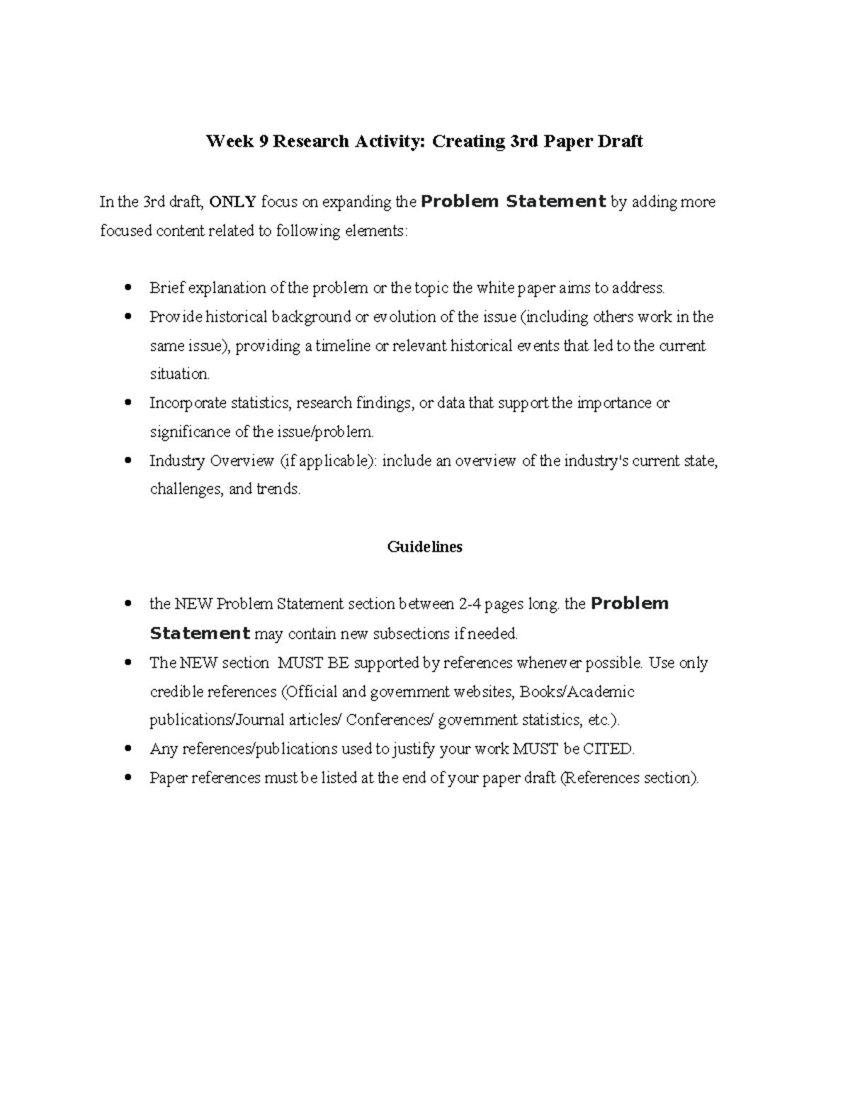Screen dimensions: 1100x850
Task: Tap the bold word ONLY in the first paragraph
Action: coord(233,203)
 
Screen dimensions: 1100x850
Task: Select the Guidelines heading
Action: coord(424,547)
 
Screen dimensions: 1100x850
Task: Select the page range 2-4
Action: coord(475,605)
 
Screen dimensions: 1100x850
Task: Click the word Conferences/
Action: coord(390,720)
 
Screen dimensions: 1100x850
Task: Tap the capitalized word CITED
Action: coord(609,749)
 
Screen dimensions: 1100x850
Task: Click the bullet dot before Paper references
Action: coord(128,778)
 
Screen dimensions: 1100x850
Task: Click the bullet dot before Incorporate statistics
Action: coord(128,403)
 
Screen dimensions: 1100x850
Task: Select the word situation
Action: coord(179,375)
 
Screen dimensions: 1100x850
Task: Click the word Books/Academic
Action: coord(577,692)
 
